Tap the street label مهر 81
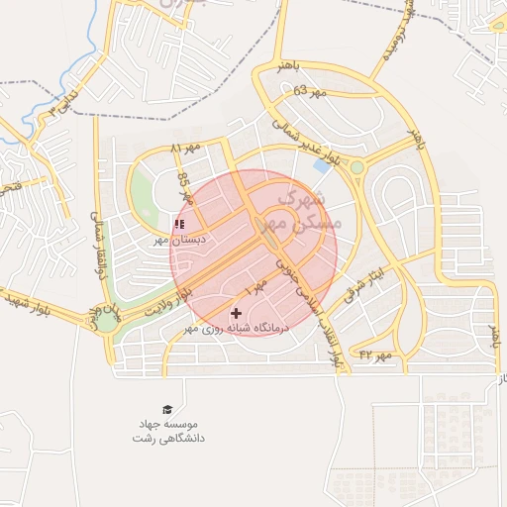[185, 148]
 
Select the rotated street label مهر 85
[184, 186]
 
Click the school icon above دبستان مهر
[178, 224]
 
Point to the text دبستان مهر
[176, 240]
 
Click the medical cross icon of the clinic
[236, 313]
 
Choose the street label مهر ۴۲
[375, 354]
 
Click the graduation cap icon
[166, 409]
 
